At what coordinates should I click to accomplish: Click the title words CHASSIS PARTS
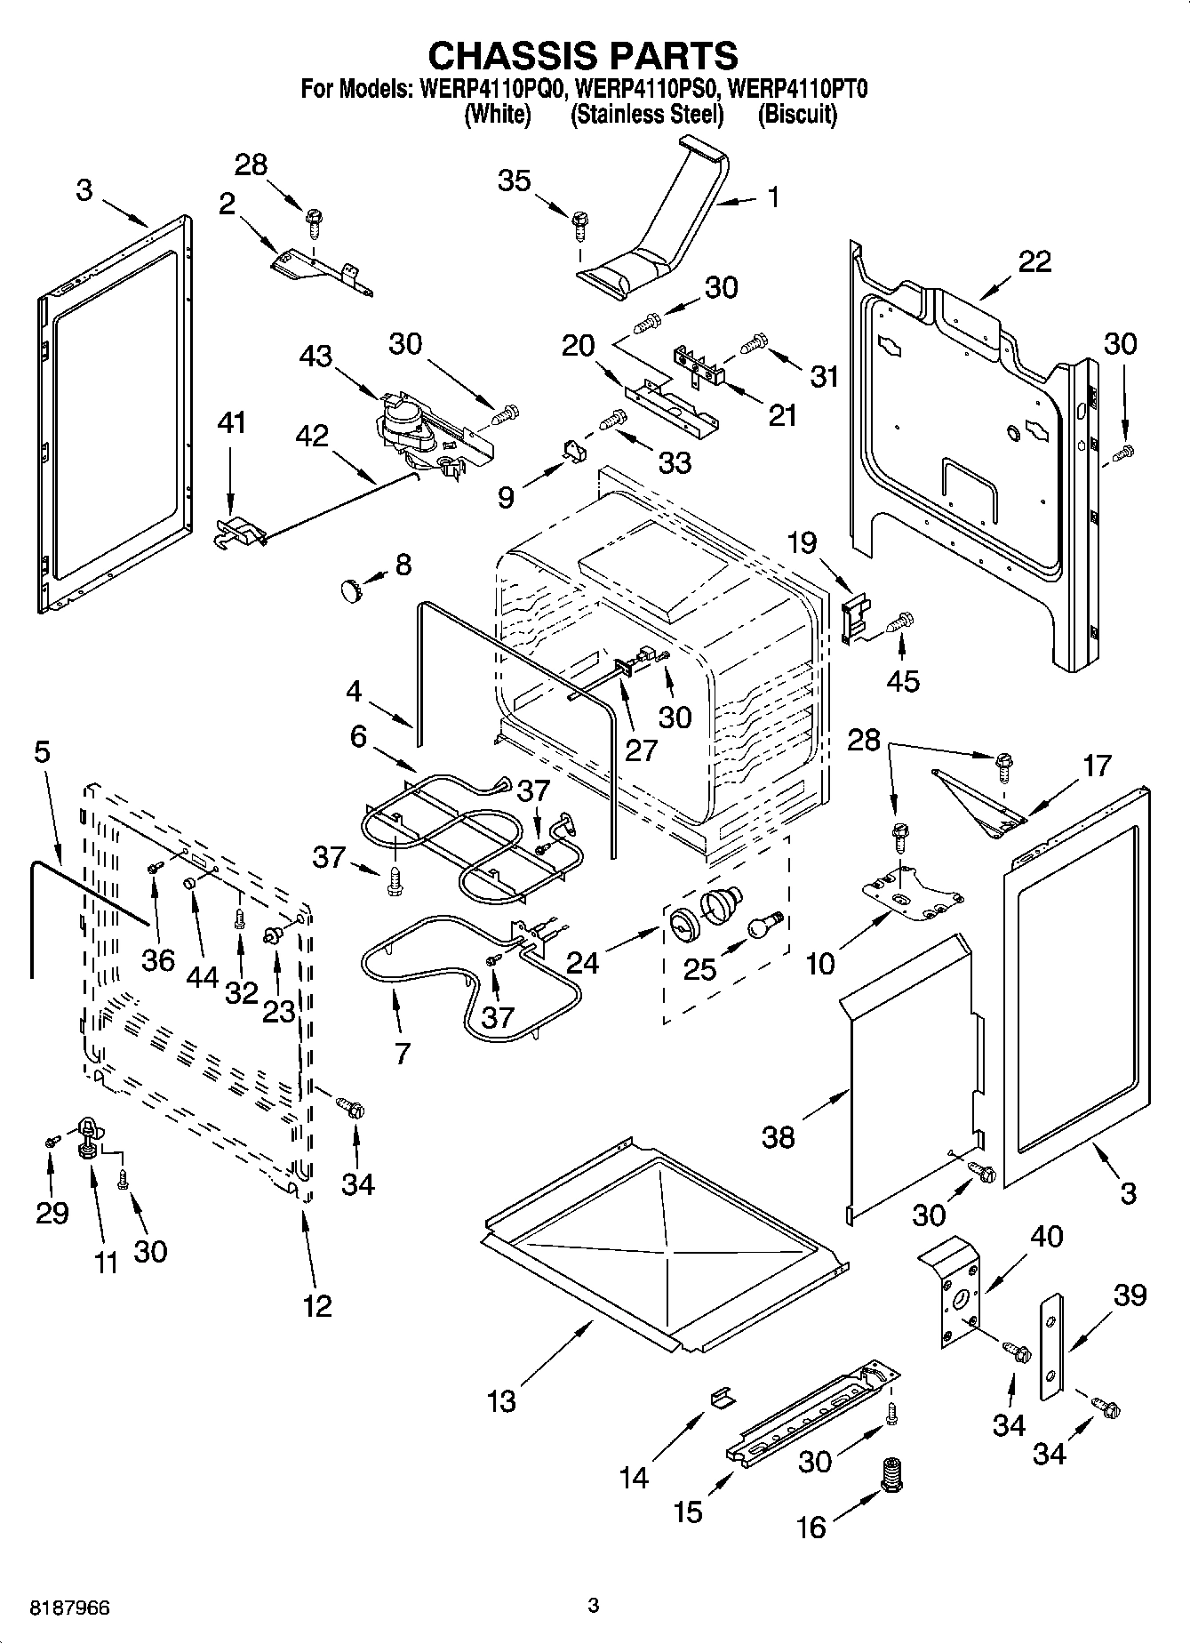tap(582, 55)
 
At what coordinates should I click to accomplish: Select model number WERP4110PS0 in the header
tap(647, 89)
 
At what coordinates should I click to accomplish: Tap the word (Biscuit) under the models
tap(796, 115)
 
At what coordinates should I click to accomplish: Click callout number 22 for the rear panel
tap(1034, 261)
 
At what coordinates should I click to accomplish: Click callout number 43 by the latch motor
tap(315, 357)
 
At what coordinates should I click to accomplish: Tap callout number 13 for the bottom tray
tap(501, 1401)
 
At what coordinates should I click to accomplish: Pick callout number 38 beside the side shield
tap(779, 1135)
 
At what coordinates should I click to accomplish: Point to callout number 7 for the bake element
tap(402, 1054)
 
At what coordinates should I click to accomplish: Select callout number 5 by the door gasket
tap(42, 752)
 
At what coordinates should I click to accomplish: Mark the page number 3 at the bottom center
tap(594, 1605)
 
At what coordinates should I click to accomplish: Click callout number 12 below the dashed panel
tap(316, 1305)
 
